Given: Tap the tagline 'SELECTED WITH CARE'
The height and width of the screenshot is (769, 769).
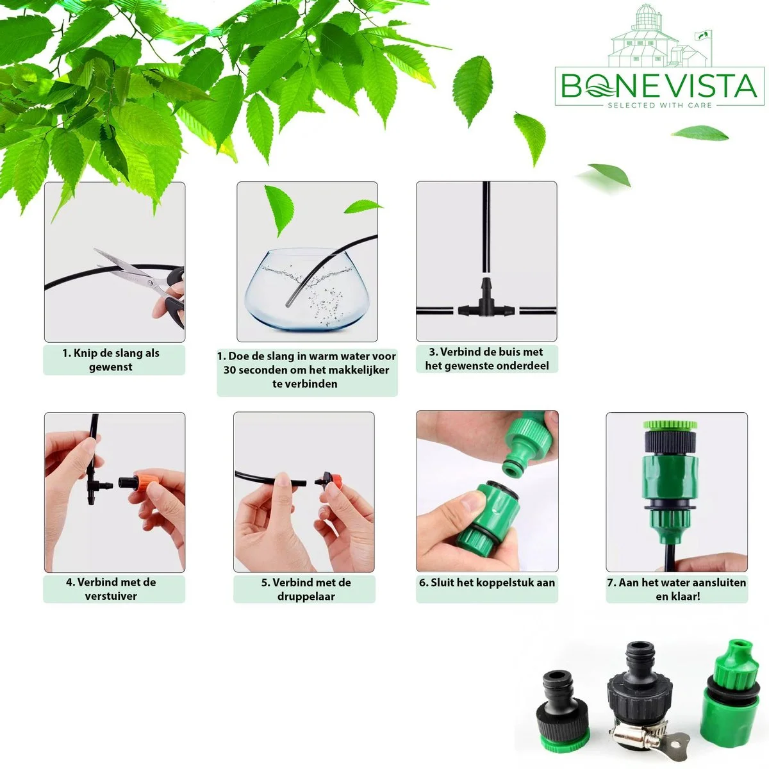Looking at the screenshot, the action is tap(659, 105).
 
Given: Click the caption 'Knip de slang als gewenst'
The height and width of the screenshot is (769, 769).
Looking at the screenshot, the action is tap(111, 360).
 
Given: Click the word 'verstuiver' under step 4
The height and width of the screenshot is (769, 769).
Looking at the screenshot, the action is tap(111, 596).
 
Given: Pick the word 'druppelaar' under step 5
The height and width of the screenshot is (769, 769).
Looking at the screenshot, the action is tap(306, 597).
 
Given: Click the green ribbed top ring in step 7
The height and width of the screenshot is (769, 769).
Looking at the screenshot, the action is tap(670, 425).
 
